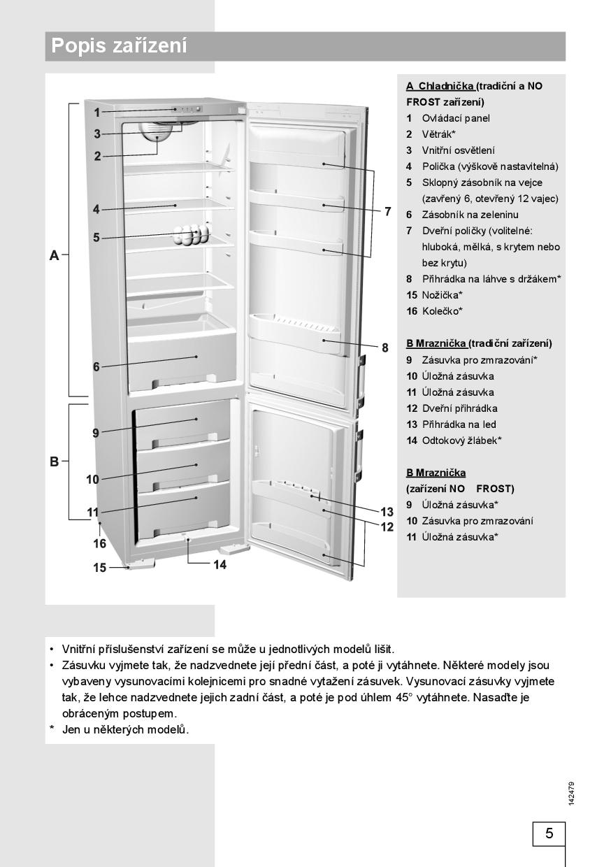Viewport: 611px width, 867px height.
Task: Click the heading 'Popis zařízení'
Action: coord(120,46)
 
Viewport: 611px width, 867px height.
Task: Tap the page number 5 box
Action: coord(549,833)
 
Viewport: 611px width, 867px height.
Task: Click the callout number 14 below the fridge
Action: coord(220,564)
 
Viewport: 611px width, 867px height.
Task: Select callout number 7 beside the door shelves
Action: coord(387,211)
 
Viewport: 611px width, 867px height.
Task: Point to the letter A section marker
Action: coord(54,256)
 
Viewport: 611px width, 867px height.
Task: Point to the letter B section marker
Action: coord(54,461)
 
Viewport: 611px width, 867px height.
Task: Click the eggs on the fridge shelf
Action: coord(192,234)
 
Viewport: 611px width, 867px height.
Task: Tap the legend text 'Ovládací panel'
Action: coord(456,118)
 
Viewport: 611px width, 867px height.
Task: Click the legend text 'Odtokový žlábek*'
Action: coord(461,440)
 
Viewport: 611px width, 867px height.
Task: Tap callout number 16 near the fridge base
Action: coord(100,543)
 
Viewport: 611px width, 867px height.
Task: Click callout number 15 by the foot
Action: coord(100,568)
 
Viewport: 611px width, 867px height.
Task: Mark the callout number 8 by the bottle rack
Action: coord(384,347)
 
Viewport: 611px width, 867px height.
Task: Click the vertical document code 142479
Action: coord(571,794)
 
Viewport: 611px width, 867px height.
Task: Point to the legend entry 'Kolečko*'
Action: coord(442,311)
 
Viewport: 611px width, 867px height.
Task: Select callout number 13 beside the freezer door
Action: coord(387,512)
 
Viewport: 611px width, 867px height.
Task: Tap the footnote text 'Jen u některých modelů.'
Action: coord(126,729)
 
